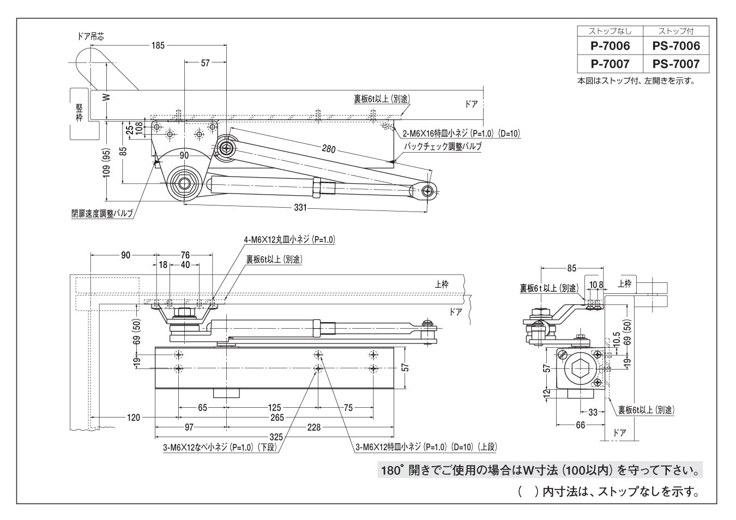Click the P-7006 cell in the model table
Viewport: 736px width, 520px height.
610,46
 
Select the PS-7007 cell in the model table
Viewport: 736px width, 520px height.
675,64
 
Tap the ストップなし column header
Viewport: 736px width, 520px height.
610,31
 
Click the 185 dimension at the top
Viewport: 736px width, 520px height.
158,46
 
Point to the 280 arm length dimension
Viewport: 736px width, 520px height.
328,148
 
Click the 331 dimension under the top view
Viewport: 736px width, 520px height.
300,208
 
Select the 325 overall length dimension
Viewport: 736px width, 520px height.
276,437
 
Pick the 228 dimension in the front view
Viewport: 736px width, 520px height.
313,427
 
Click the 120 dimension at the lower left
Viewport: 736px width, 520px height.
134,418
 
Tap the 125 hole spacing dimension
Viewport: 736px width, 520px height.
274,408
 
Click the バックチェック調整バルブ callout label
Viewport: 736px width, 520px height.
443,147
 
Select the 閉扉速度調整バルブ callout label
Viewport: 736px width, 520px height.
102,214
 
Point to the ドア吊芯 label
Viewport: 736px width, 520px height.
91,37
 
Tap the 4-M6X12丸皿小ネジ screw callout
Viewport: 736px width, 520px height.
289,239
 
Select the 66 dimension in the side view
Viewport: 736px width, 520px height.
580,425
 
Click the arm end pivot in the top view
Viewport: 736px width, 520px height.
429,190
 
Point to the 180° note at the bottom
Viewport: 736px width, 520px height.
540,470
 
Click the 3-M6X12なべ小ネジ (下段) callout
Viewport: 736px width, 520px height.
221,448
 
